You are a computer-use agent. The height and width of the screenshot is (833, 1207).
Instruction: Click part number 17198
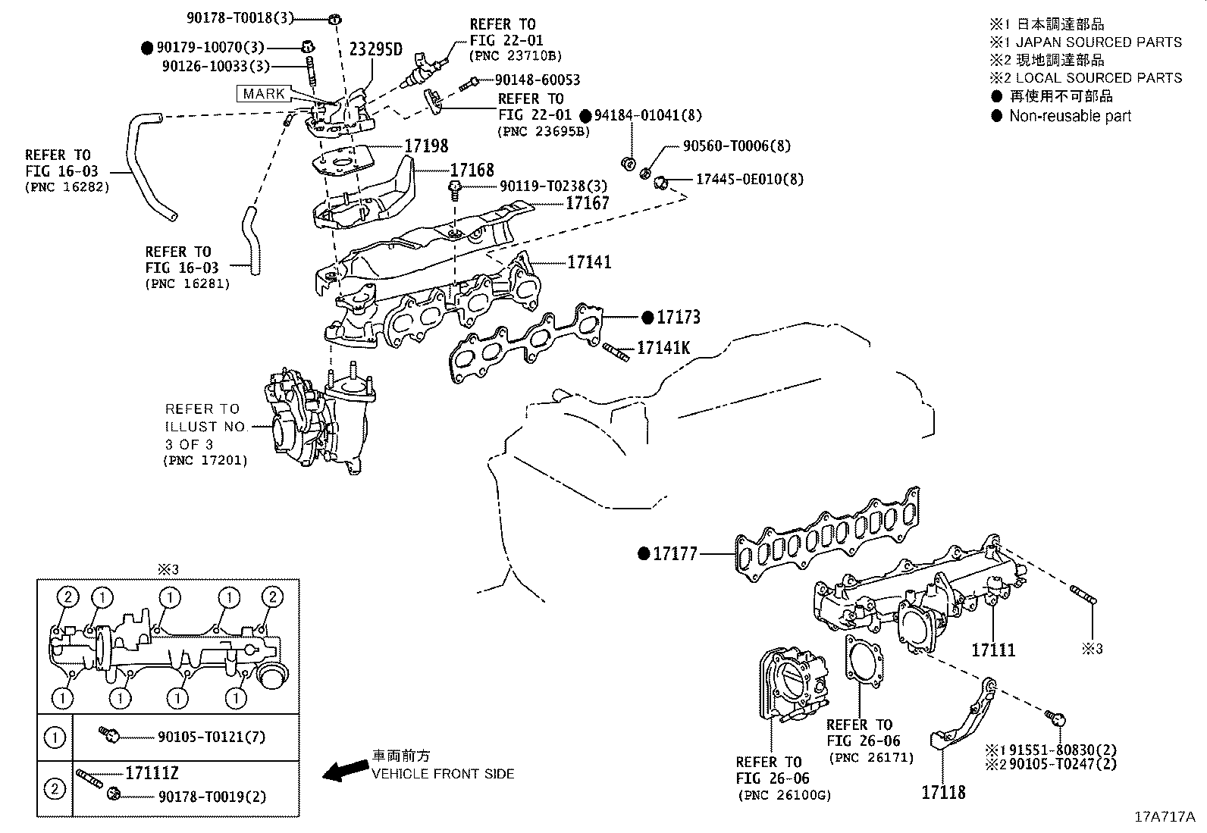pos(426,146)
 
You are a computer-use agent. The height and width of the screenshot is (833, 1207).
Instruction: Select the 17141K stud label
pos(663,348)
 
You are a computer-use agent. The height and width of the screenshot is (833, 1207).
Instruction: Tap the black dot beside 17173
pos(647,318)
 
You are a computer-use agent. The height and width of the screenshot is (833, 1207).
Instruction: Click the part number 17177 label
pos(675,555)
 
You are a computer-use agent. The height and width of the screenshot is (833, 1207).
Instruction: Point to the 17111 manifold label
pos(993,650)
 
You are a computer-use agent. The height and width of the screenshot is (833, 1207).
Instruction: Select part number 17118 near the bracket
pos(943,792)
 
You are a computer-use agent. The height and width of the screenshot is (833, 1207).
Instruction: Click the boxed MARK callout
pos(264,94)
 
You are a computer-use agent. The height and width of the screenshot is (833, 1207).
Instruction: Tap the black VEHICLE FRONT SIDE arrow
pos(343,771)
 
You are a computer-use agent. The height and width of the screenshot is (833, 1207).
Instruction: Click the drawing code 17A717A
pos(1164,817)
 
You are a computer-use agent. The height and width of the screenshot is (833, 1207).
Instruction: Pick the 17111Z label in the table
pos(152,773)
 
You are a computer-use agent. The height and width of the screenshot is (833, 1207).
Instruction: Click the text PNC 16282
pos(67,187)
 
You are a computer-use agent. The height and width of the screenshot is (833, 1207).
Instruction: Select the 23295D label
pos(375,50)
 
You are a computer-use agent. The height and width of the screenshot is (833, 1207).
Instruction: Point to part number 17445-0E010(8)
pos(750,180)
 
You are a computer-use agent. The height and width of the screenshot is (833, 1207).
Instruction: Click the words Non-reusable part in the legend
pos(1070,116)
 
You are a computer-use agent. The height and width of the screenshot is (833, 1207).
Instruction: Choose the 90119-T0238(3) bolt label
pos(543,186)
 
